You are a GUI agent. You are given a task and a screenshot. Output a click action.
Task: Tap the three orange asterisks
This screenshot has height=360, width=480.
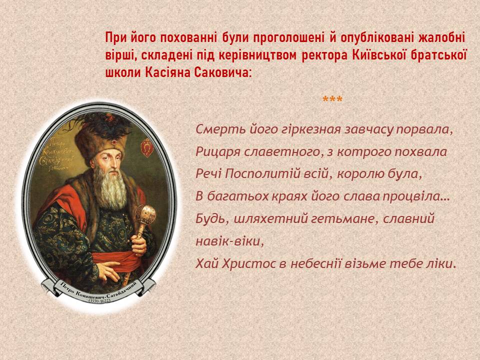point(332,99)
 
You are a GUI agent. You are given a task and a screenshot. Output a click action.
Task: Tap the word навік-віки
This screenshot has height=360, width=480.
point(229,241)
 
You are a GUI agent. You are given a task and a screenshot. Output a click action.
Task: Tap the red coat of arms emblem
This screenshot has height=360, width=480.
point(146,147)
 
